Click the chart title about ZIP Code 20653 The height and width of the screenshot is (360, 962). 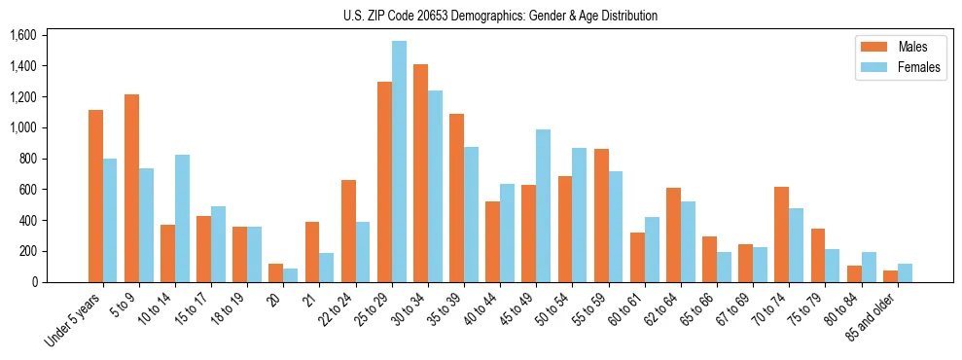coord(500,16)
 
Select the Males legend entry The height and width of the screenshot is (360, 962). coord(898,47)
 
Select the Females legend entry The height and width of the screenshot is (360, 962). coord(898,68)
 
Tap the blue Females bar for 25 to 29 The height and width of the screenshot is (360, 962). coord(399,162)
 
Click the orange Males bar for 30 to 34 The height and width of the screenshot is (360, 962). coord(420,173)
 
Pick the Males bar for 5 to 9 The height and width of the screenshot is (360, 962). coord(131,189)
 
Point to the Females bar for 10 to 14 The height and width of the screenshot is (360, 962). coord(182,219)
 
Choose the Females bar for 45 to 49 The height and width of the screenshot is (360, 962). coord(543,206)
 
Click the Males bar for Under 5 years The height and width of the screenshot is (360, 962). coord(95,197)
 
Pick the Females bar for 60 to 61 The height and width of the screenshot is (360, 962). coord(651,250)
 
